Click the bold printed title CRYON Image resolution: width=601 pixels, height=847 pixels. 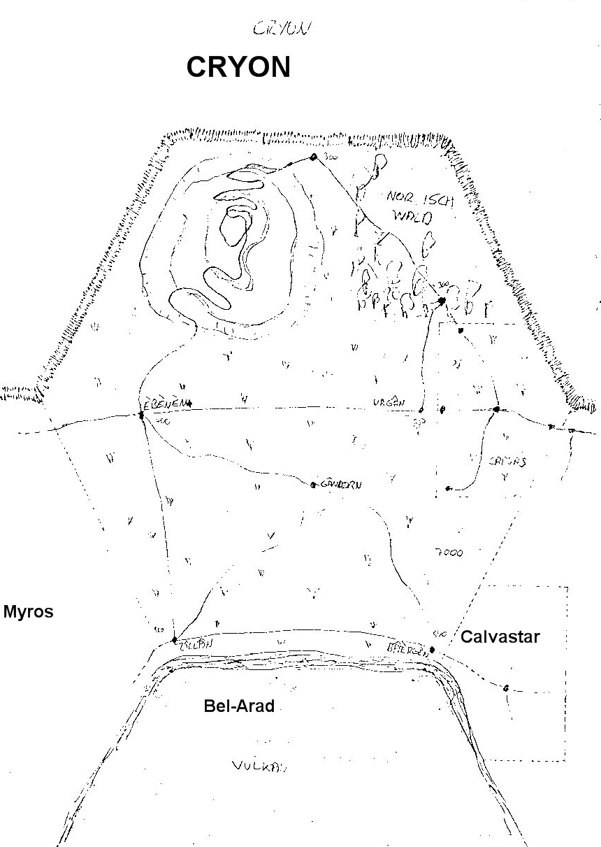[238, 67]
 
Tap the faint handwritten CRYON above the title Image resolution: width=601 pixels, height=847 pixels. [282, 29]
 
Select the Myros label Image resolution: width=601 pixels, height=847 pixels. [28, 612]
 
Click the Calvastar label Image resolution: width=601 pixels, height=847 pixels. [500, 637]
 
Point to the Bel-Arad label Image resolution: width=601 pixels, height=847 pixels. [239, 706]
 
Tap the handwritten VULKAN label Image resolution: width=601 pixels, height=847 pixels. [259, 766]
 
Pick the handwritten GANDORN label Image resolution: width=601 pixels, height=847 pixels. [342, 483]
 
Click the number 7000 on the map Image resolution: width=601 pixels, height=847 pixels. [448, 553]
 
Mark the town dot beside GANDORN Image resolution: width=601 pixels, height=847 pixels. [313, 483]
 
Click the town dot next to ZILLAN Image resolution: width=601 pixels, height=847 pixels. [173, 639]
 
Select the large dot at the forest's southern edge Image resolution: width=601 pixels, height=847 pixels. [441, 301]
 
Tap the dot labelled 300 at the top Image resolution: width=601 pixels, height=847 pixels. [314, 157]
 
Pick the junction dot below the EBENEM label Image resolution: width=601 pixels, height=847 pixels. [141, 415]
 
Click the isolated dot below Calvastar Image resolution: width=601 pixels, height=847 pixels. [505, 688]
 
